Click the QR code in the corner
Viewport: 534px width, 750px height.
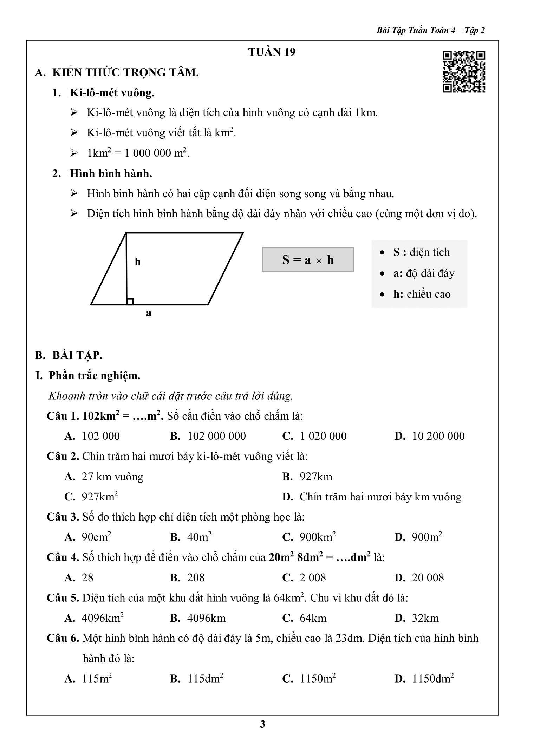(x=464, y=72)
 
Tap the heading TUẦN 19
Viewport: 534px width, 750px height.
(x=272, y=52)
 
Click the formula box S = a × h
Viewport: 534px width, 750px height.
(x=308, y=260)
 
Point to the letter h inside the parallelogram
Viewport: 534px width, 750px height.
(x=138, y=262)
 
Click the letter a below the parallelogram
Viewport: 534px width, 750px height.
(x=149, y=312)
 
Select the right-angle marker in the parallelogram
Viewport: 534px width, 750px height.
(x=130, y=301)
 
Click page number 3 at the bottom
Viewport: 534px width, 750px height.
(x=262, y=724)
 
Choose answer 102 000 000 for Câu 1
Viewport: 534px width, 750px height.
(x=216, y=436)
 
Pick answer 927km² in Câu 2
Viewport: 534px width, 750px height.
(x=99, y=497)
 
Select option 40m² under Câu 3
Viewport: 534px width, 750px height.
(x=199, y=537)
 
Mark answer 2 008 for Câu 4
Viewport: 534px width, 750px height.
(x=312, y=577)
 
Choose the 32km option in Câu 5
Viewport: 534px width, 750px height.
(x=425, y=618)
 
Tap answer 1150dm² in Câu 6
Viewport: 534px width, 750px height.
(x=432, y=678)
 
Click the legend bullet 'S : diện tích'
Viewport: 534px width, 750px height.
(x=421, y=252)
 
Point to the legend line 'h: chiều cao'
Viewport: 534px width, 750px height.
(x=422, y=294)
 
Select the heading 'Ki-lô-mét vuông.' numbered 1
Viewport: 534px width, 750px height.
(x=112, y=93)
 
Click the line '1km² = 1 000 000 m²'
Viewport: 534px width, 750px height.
(x=138, y=153)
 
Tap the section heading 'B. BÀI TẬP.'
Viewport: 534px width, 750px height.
(x=69, y=355)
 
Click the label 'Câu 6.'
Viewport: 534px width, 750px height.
(x=63, y=638)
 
